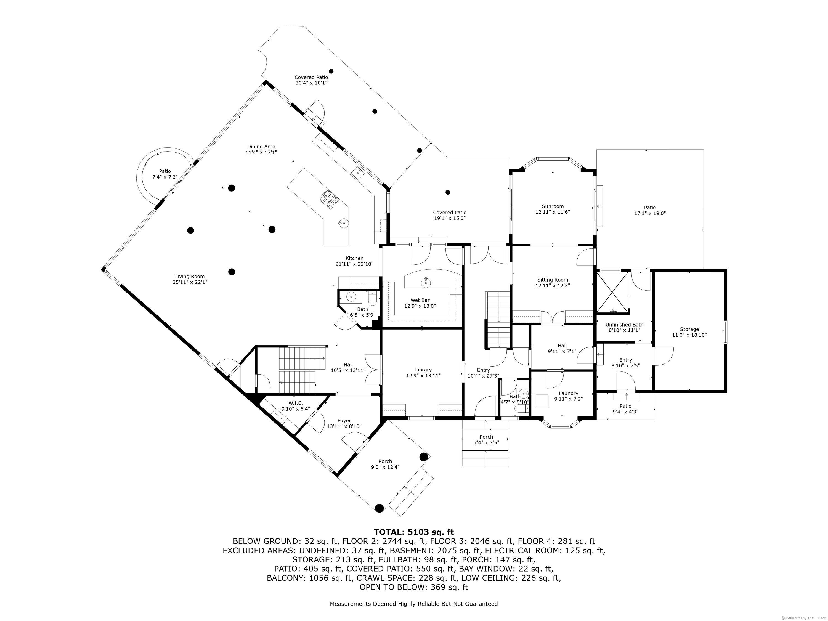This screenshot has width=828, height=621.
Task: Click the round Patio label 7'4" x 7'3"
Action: point(165,174)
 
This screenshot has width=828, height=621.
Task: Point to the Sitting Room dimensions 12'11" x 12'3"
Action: point(553,285)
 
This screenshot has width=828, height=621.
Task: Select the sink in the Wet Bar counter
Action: point(426,283)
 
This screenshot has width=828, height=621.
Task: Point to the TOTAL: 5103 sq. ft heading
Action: point(414,532)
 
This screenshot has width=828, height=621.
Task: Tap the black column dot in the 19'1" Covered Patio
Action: point(448,192)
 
